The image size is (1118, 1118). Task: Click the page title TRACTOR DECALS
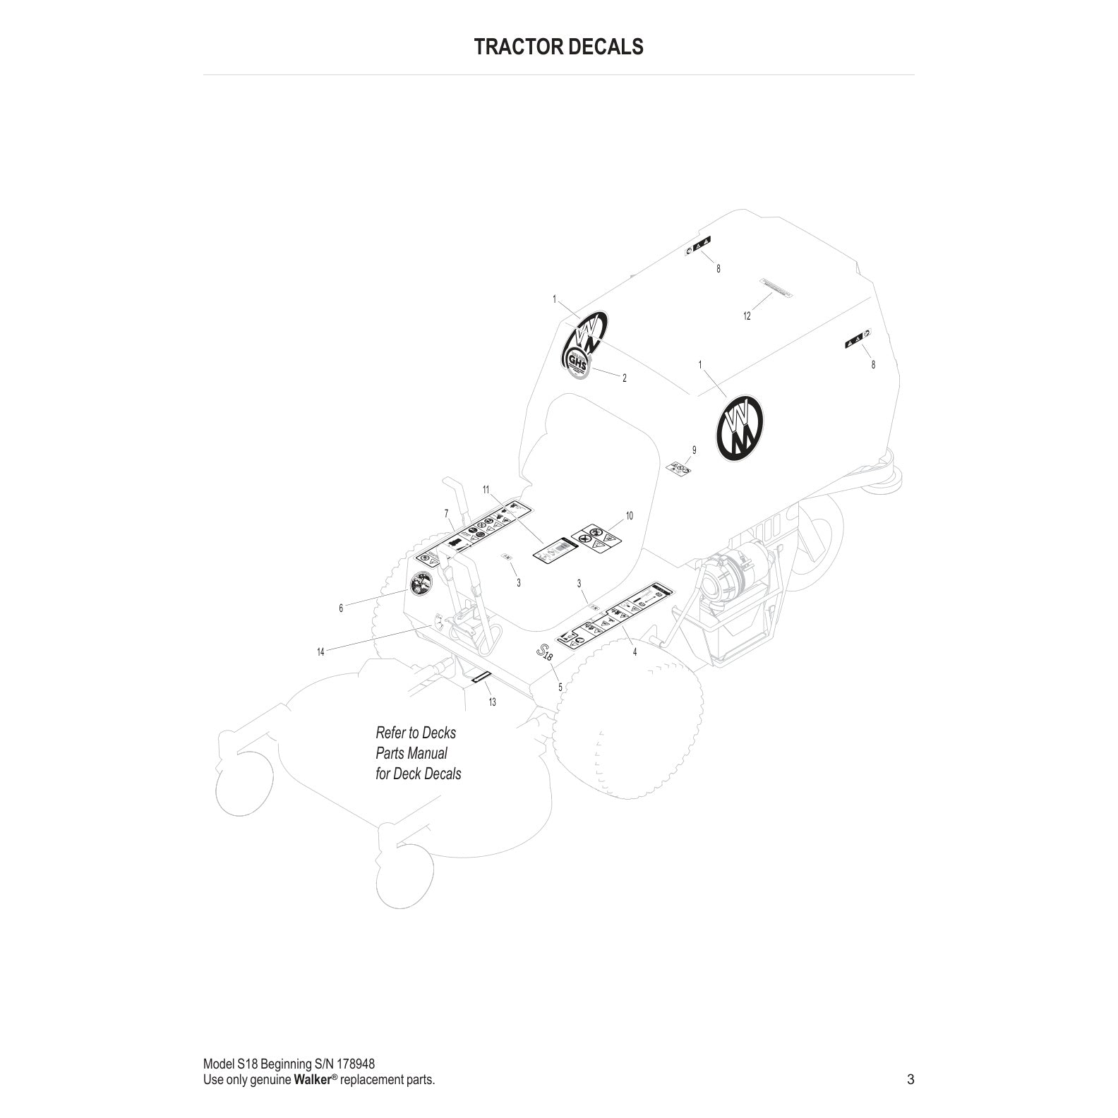pos(558,47)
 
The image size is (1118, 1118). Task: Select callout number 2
pos(624,378)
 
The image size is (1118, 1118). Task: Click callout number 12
pos(747,316)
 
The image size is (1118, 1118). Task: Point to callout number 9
pos(694,450)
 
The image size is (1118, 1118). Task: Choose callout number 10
pos(629,516)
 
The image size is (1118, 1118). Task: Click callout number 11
pos(486,489)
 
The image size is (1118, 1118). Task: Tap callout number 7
pos(446,512)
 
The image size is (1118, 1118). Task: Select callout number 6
pos(341,608)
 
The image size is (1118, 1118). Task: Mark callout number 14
pos(320,652)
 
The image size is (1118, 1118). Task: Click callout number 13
pos(492,702)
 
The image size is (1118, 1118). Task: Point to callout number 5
pos(560,686)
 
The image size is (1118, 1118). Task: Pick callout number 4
pos(635,652)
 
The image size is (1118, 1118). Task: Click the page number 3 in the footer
pos(910,1079)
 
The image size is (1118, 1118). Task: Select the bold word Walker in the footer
pos(312,1080)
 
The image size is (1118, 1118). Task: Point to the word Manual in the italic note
pos(426,753)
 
